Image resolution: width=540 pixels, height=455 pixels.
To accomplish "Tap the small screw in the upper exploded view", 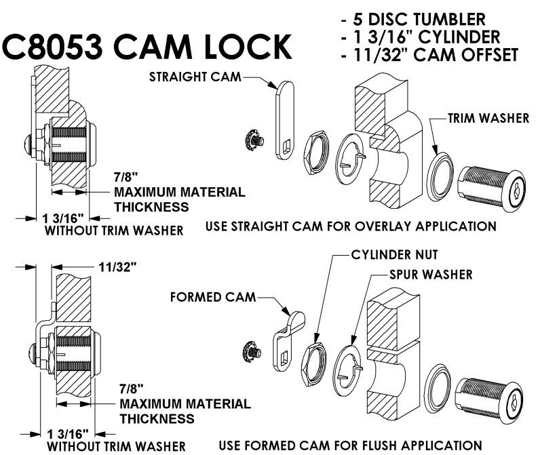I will point(254,140).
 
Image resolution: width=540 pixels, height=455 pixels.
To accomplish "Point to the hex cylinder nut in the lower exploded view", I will point(318,357).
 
